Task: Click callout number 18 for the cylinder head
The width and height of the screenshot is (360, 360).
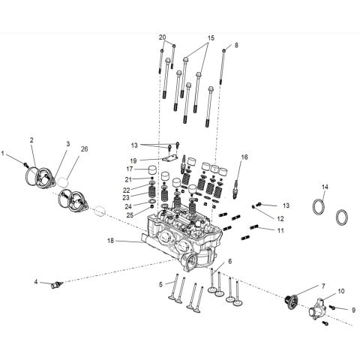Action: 110,241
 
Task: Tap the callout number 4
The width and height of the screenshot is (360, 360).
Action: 36,282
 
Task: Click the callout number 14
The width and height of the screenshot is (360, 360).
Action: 325,187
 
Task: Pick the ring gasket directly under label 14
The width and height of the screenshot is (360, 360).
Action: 319,206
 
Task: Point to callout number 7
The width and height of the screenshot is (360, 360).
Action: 323,286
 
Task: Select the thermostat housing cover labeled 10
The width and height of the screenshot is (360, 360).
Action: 317,308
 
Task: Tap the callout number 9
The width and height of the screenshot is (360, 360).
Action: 353,310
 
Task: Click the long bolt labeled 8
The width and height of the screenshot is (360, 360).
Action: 222,67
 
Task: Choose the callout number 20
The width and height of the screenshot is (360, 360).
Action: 162,37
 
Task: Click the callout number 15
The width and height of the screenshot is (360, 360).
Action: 211,38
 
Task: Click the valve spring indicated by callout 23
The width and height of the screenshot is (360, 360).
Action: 152,194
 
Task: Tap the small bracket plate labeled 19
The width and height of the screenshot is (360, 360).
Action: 170,158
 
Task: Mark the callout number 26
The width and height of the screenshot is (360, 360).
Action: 85,149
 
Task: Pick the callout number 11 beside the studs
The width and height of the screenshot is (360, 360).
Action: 280,230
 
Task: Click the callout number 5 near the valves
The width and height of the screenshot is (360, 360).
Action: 160,284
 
